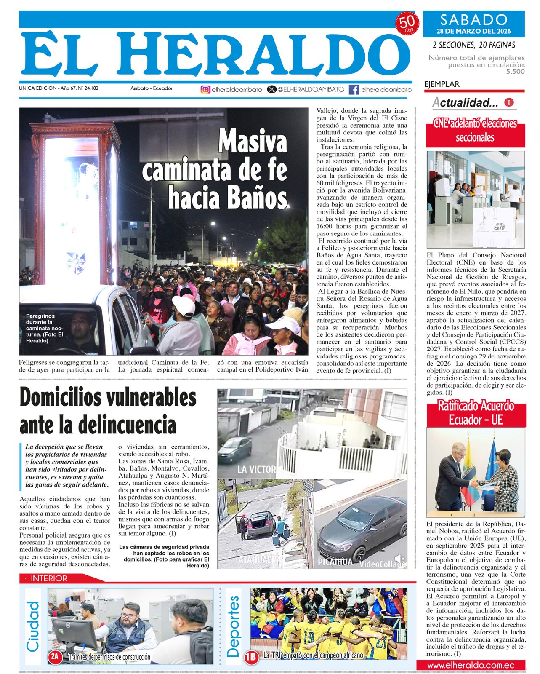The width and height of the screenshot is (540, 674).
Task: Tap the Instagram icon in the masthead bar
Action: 205,89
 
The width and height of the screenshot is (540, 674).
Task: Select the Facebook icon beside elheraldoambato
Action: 354,89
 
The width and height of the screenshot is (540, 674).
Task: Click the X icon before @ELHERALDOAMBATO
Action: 272,89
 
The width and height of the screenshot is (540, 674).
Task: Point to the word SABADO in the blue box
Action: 473,19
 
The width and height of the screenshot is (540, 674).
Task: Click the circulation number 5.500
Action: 516,72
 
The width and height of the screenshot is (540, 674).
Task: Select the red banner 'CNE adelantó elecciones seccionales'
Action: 475,131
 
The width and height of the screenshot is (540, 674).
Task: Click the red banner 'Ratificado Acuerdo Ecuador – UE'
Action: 476,413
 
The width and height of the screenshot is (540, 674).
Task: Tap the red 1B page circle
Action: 251,656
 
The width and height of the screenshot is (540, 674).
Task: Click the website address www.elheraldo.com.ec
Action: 471,665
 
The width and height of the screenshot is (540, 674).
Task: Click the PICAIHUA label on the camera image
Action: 335,562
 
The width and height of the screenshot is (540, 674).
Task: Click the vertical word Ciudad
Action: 33,626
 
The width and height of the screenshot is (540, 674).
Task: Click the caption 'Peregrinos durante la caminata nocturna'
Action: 45,328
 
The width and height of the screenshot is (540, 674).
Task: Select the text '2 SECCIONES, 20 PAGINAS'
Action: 474,45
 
